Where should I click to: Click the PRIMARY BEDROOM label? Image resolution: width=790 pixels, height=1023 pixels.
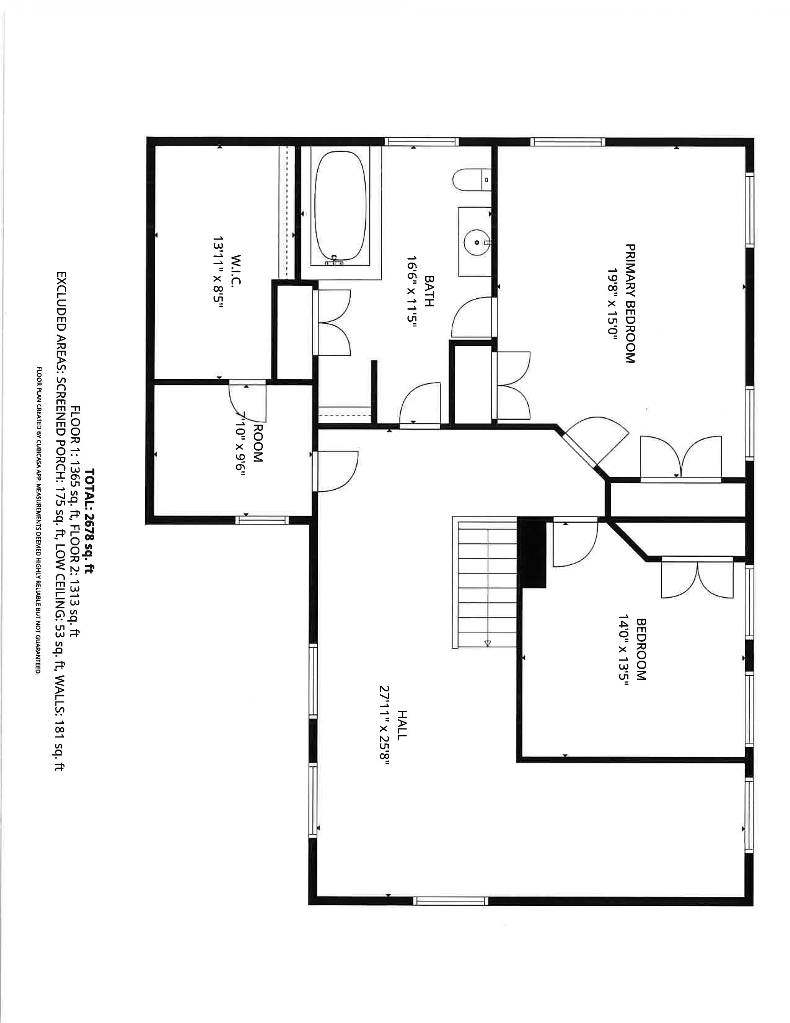[630, 303]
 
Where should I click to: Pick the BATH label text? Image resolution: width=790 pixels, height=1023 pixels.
[428, 290]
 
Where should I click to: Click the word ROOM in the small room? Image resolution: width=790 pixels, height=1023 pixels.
[257, 443]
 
